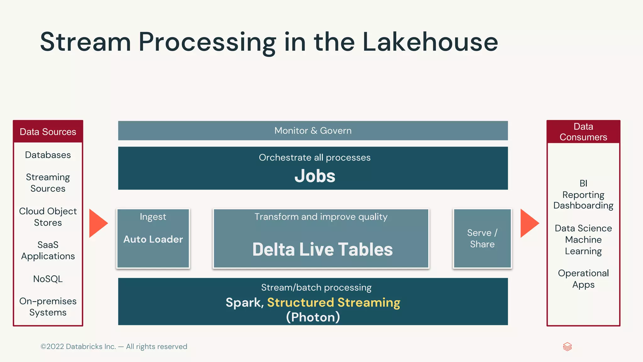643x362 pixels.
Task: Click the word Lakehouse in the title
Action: coord(430,42)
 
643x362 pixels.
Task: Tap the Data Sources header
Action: coord(48,132)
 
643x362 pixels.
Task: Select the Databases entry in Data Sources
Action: coord(48,155)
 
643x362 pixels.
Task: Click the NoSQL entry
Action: coord(48,279)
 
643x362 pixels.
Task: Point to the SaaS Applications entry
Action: coord(48,250)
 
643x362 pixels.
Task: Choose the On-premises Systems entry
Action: coord(48,307)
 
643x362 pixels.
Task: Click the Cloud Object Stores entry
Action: coord(48,217)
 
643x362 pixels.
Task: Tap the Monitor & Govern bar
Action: coord(313,130)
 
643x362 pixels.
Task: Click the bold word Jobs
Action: coord(315,176)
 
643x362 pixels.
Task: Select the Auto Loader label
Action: coord(153,239)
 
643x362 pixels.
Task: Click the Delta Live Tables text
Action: coord(322,250)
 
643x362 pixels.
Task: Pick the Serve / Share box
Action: coord(482,239)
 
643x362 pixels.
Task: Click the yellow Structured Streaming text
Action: coord(334,303)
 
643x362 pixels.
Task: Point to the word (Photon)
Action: coord(313,317)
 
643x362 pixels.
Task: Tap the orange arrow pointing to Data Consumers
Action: coord(529,223)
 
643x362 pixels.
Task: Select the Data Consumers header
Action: coord(583,132)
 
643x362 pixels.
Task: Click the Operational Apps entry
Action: coord(583,279)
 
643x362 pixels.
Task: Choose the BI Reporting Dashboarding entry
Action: coord(583,194)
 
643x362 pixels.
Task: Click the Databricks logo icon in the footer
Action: coord(567,347)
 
